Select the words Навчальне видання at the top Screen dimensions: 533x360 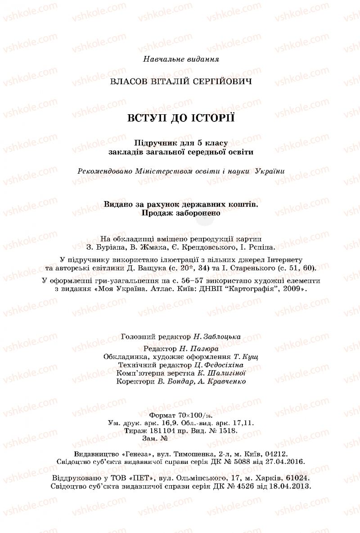pos(181,59)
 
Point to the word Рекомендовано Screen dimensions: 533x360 pos(102,171)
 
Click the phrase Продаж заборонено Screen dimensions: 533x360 pos(181,213)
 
